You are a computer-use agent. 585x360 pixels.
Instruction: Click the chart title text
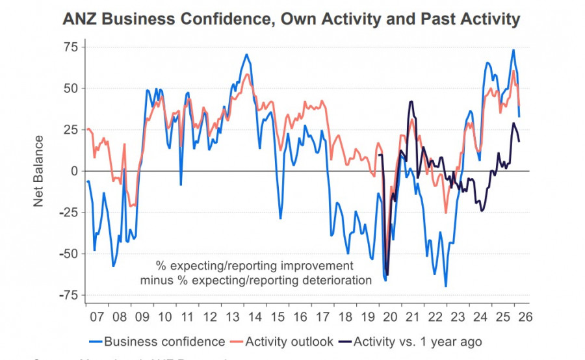click(x=291, y=19)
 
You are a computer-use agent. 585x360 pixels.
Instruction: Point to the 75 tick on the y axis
click(x=70, y=47)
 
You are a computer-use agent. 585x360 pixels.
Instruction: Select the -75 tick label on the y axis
click(x=68, y=296)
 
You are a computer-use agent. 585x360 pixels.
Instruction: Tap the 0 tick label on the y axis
click(x=74, y=171)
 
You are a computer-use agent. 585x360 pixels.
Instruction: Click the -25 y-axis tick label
click(x=68, y=212)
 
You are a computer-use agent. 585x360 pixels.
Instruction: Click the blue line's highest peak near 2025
click(x=513, y=50)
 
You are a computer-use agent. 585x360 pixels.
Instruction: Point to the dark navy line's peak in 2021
click(x=411, y=101)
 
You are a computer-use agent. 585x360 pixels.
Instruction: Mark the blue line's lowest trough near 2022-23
click(x=446, y=286)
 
